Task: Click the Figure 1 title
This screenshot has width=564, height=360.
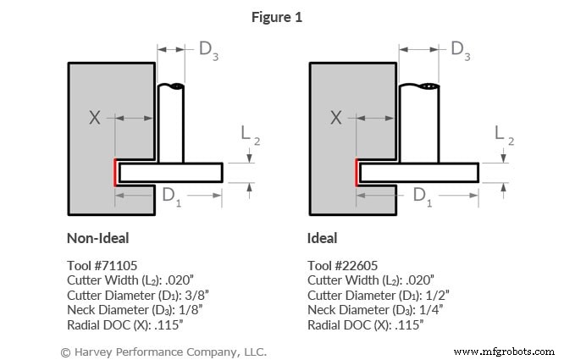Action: [281, 17]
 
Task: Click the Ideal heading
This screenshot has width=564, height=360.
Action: [322, 238]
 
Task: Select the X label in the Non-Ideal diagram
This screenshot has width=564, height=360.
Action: [94, 118]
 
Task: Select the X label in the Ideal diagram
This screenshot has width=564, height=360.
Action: [335, 118]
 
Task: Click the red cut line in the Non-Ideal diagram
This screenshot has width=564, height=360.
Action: [116, 173]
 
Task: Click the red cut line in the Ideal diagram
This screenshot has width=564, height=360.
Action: [357, 173]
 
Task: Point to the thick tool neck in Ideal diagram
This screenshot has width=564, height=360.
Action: [419, 123]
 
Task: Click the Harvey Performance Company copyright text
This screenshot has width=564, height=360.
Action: [163, 351]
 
